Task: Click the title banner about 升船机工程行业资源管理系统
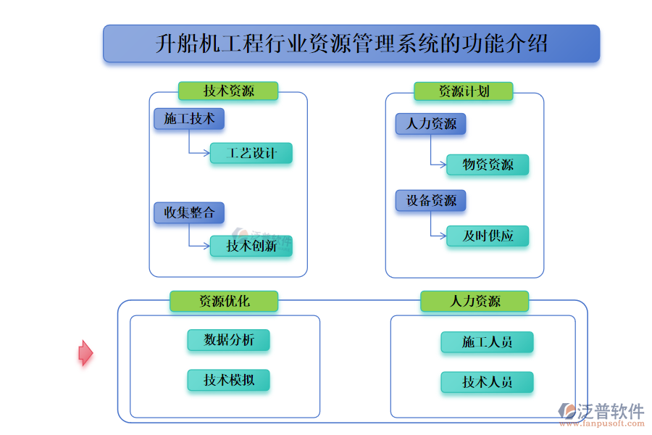point(351,43)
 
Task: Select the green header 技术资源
point(228,91)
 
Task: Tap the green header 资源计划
point(464,91)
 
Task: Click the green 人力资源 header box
point(475,301)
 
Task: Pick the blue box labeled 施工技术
point(189,119)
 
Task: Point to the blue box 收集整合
point(189,212)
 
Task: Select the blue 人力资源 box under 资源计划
point(430,124)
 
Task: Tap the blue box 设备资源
point(430,201)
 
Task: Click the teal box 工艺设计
point(251,153)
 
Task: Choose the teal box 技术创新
point(251,246)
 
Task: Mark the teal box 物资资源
point(488,165)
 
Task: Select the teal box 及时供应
point(488,236)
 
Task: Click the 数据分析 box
point(228,340)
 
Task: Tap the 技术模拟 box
point(228,380)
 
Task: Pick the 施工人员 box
point(487,342)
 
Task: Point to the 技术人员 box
point(487,382)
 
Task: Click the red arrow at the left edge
point(85,353)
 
